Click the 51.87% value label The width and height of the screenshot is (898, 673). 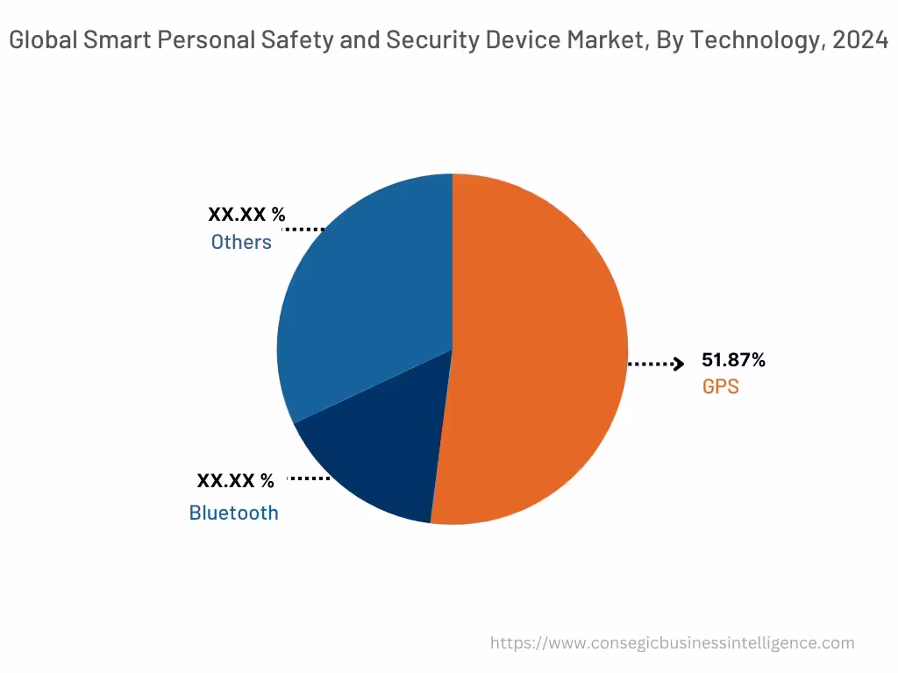[x=733, y=360]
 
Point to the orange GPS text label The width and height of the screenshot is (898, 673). [x=720, y=386]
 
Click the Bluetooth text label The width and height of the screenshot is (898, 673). [x=233, y=513]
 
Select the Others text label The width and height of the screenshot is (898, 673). [x=241, y=243]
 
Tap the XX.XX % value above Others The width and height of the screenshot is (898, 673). [x=246, y=215]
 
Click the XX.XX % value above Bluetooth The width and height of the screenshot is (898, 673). [x=235, y=481]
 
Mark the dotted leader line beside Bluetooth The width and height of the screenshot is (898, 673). [x=309, y=478]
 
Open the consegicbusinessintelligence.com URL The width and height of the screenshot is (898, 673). [x=672, y=643]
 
